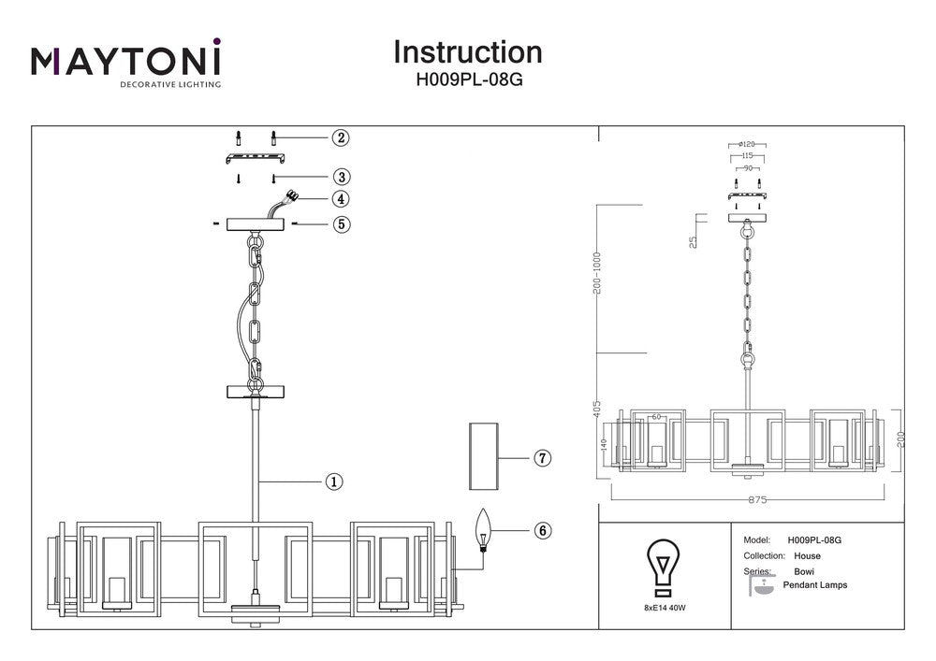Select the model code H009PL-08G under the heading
click(x=468, y=80)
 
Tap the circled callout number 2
click(x=341, y=138)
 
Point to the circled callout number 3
click(x=341, y=177)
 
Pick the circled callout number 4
click(x=341, y=199)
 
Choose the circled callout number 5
click(x=341, y=224)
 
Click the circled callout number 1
click(x=333, y=481)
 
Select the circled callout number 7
click(x=542, y=458)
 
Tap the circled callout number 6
click(x=542, y=530)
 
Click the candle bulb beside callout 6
click(x=484, y=530)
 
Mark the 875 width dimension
click(x=757, y=500)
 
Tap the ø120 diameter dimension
click(x=747, y=145)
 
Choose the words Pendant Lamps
click(x=821, y=585)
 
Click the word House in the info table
click(x=807, y=556)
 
